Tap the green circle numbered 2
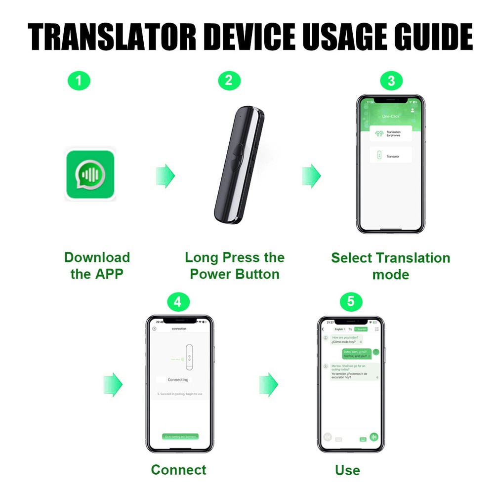click(x=228, y=81)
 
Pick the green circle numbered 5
click(x=351, y=301)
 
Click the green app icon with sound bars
click(x=90, y=175)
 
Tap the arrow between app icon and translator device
click(x=165, y=175)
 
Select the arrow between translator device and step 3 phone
click(x=311, y=175)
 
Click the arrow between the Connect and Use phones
click(x=268, y=384)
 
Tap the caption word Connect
click(x=178, y=469)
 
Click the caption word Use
click(x=347, y=470)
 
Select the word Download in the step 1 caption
click(x=97, y=257)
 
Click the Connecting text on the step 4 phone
click(x=178, y=379)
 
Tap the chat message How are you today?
click(x=345, y=337)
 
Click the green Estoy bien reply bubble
click(x=357, y=353)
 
